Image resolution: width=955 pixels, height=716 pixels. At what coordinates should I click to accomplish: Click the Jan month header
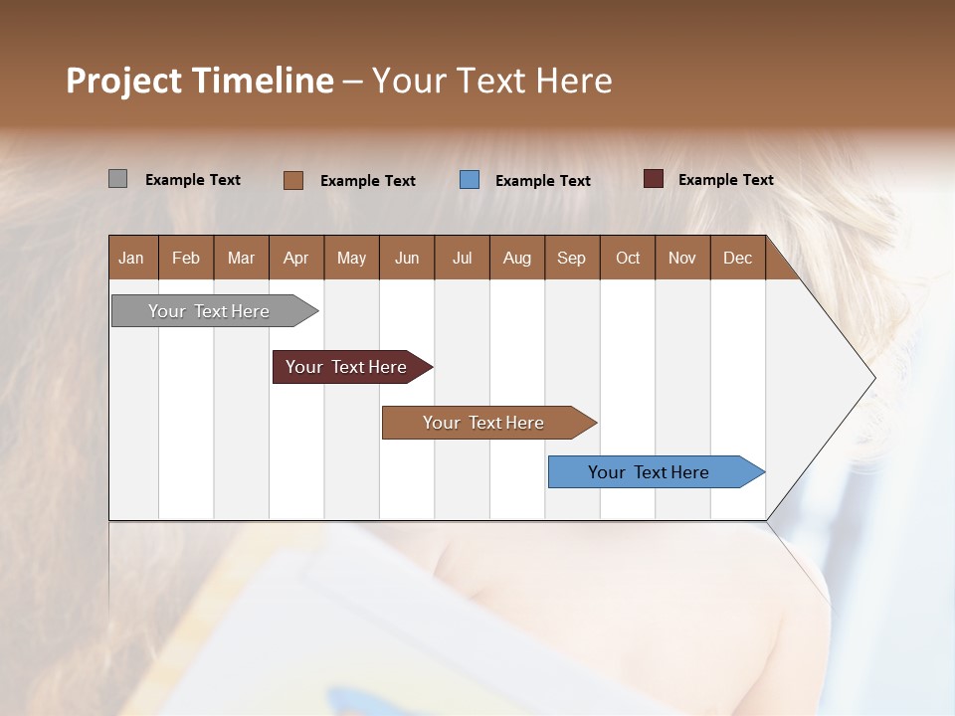(132, 259)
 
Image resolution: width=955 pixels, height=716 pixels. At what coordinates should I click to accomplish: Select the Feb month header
(186, 259)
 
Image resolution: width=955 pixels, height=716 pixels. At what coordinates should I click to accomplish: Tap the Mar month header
(241, 259)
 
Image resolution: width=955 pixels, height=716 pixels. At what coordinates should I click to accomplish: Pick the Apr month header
(296, 259)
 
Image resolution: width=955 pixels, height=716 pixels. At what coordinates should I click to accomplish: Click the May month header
(351, 259)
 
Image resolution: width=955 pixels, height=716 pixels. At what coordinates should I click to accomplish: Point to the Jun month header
(407, 259)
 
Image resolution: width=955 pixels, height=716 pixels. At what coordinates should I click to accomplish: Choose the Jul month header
(462, 259)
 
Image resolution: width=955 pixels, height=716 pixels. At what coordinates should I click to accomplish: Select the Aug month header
(517, 259)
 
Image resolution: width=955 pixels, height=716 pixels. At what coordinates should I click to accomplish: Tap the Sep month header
(572, 259)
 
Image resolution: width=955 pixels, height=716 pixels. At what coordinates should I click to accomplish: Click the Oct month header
(628, 259)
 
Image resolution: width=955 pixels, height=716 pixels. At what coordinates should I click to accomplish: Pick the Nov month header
(682, 259)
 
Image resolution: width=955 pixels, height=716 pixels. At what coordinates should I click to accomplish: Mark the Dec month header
(738, 259)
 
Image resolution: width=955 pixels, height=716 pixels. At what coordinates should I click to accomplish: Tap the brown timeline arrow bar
(484, 423)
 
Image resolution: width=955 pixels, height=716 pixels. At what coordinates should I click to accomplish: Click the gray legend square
(117, 179)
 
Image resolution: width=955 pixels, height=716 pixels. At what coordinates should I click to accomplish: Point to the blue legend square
(470, 180)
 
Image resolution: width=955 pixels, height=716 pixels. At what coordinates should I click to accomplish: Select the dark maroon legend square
(654, 179)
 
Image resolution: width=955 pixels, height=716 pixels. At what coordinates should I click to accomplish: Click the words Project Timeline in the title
(200, 81)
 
